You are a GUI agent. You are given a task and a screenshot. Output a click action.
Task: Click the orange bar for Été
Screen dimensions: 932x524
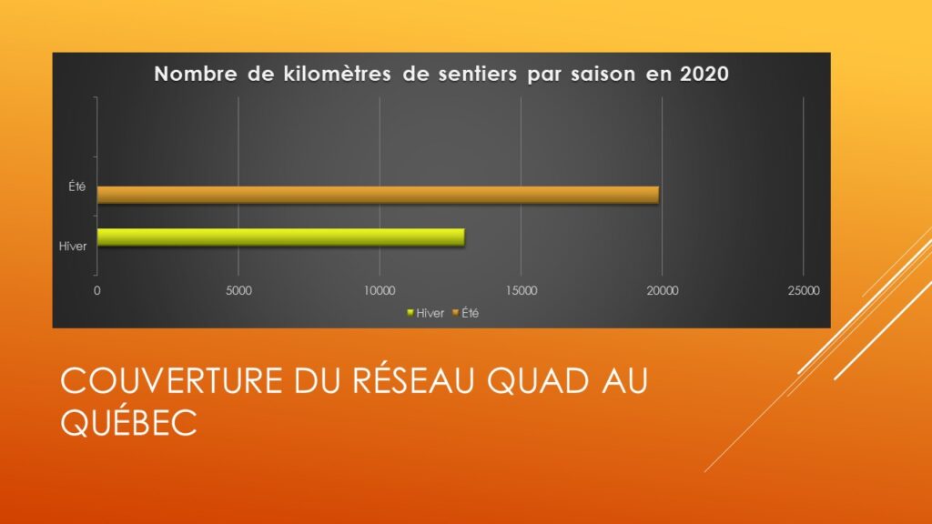(x=378, y=195)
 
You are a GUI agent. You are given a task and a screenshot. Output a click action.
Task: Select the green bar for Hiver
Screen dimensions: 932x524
(x=280, y=237)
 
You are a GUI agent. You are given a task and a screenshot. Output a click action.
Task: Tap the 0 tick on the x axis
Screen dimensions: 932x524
(x=96, y=290)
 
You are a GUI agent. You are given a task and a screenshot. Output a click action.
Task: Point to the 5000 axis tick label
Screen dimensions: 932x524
(x=238, y=290)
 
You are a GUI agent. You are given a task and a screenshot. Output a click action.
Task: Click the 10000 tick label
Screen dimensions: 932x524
(x=380, y=290)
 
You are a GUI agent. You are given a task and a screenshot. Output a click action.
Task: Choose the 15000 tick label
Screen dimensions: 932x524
(x=522, y=290)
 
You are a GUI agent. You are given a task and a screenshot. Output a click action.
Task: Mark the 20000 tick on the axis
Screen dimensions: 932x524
(x=663, y=290)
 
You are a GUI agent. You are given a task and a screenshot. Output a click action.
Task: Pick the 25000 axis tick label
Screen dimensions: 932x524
(x=804, y=290)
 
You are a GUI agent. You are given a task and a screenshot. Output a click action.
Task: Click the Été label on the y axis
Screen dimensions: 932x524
(x=76, y=186)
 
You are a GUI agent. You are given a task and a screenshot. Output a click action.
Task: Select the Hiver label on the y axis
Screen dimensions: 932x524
(x=73, y=246)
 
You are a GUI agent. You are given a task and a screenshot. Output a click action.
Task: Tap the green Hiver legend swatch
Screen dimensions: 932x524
(x=410, y=313)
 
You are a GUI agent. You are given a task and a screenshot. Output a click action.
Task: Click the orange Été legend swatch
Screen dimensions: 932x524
(x=456, y=313)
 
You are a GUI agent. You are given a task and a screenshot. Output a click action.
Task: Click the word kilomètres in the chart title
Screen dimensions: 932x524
(x=337, y=74)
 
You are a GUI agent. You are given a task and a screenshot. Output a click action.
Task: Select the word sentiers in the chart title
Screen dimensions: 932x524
(x=478, y=74)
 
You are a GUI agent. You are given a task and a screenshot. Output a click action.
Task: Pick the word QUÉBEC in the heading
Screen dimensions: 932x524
(x=128, y=422)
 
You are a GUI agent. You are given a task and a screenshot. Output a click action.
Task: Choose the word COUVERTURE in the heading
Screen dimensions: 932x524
(x=171, y=381)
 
